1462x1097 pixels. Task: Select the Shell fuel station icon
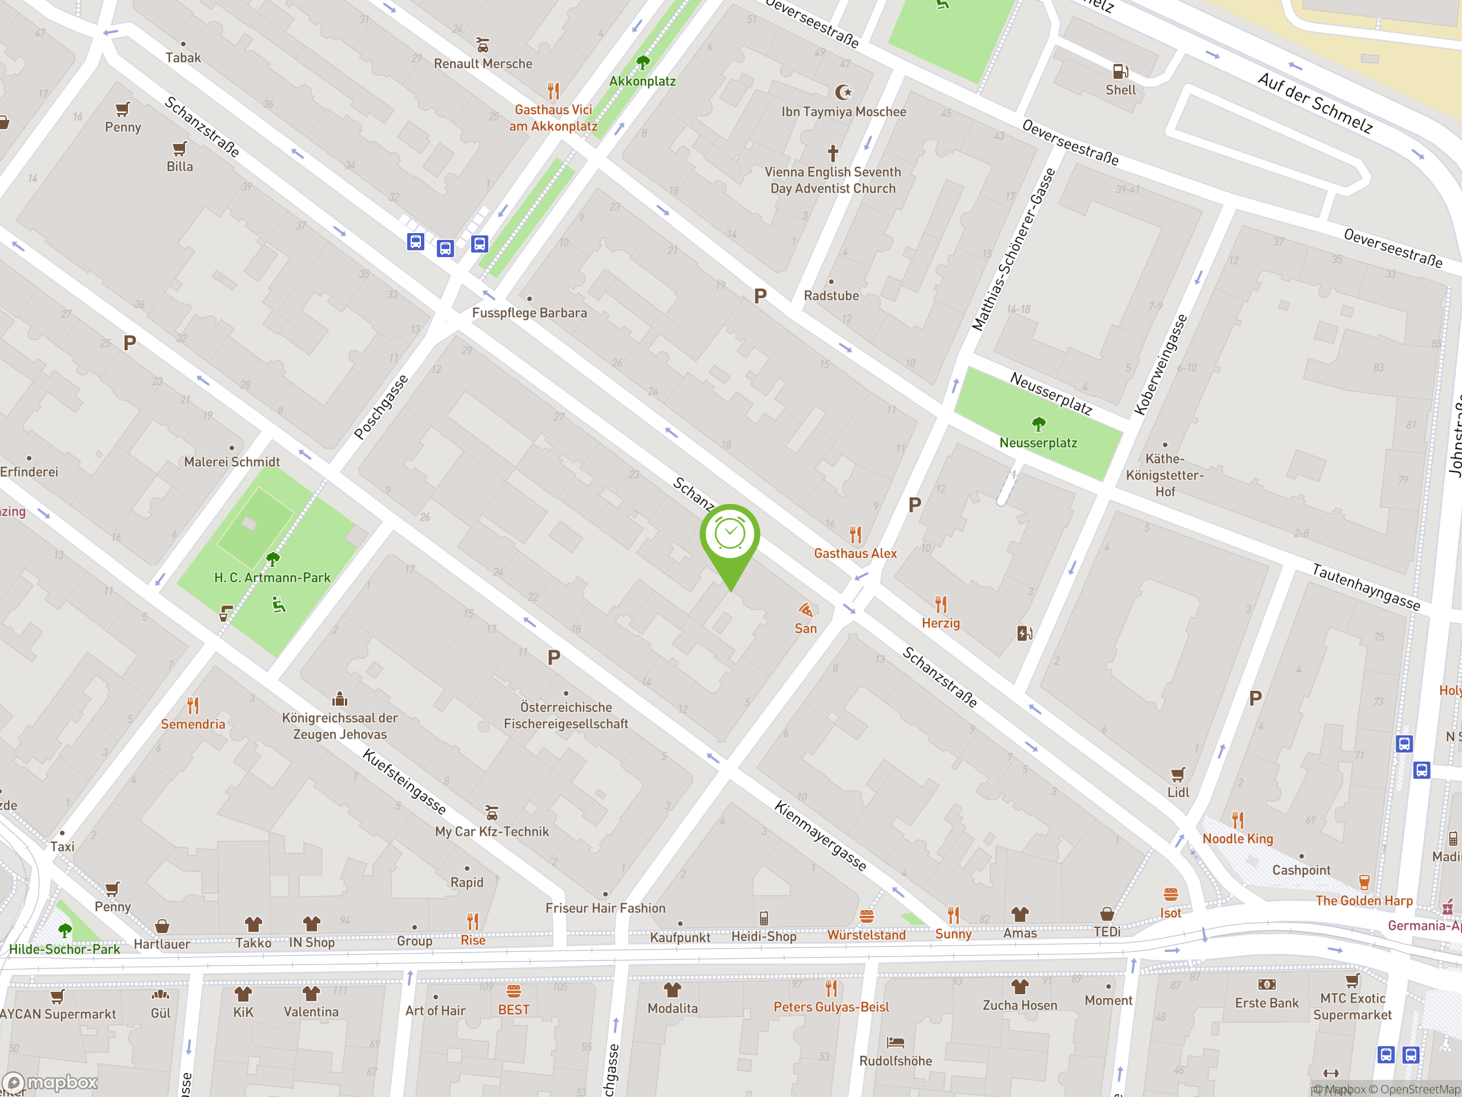1120,71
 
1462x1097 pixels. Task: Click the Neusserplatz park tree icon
1038,423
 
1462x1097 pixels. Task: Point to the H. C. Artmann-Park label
272,577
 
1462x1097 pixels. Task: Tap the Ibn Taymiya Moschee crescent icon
844,92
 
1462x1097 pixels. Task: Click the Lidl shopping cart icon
1178,774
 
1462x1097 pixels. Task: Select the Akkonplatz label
642,81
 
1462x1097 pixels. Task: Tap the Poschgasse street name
381,407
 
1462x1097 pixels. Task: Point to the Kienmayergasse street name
820,836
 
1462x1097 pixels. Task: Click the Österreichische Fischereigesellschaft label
566,715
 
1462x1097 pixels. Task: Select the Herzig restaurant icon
941,604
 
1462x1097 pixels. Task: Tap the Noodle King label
1238,838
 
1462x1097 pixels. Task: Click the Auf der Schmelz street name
1315,103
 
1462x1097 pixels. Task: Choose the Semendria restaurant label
193,724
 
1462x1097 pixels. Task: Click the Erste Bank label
1266,1003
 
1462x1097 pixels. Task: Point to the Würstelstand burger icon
866,916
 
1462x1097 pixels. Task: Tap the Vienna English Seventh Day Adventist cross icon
833,153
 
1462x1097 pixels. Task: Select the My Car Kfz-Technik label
492,831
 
